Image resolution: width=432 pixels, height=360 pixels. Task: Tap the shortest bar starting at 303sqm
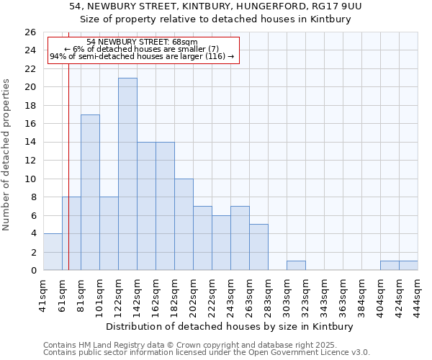[x=296, y=266]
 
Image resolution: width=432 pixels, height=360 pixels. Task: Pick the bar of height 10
[x=184, y=225]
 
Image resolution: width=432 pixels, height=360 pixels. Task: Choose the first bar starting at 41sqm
[x=53, y=252]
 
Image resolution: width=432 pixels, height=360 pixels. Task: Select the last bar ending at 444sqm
[x=408, y=266]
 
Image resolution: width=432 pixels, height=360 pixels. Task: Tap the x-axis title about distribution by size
[x=228, y=326]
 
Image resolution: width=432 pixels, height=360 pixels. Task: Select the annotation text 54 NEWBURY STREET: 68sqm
[x=141, y=42]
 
